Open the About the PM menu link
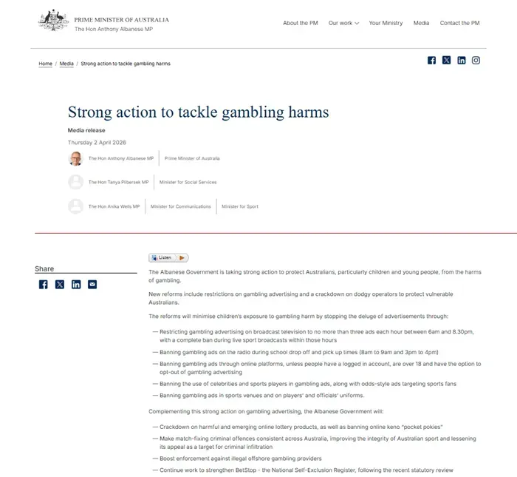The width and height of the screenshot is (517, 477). coord(300,23)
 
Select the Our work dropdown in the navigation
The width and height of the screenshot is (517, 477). coord(343,23)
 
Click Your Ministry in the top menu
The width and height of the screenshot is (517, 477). coord(386,23)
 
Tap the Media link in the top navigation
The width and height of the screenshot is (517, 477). coord(421,23)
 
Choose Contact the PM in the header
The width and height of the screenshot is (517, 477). coord(459,23)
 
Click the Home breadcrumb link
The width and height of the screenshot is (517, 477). coord(46,64)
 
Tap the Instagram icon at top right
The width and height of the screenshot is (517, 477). coord(476,61)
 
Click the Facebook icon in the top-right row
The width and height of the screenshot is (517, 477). coord(431,61)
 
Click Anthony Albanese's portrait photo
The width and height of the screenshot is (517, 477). coord(75,158)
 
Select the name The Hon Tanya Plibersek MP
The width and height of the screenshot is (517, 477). coord(118,182)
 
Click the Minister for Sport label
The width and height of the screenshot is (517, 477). coord(240,206)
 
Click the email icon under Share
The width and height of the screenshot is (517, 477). coord(92,284)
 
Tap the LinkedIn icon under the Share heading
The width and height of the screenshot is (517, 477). coord(76,284)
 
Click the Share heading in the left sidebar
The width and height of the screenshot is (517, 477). coord(44,269)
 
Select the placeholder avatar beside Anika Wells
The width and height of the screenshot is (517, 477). coord(75,206)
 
